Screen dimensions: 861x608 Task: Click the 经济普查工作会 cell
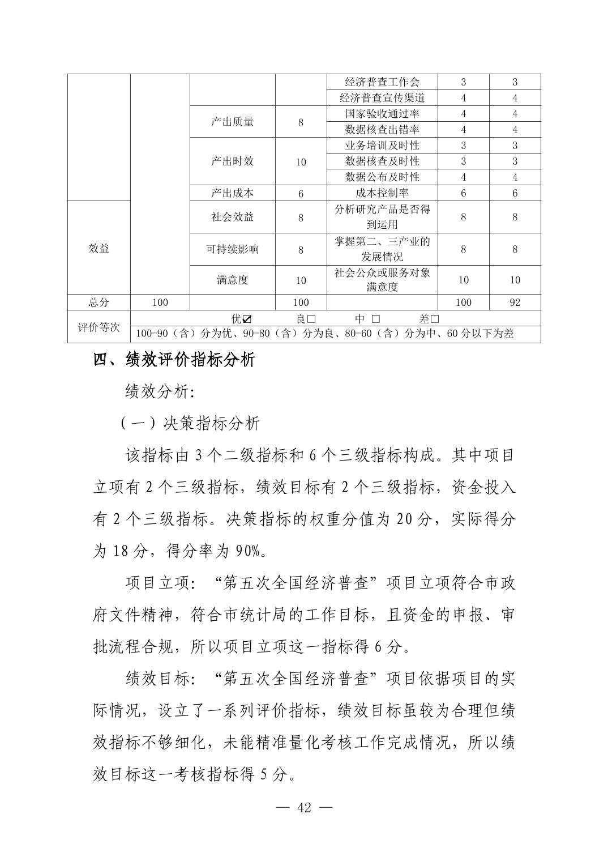(x=382, y=82)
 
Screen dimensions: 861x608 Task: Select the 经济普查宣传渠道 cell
(x=382, y=97)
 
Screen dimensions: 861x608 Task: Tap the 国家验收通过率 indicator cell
(x=382, y=113)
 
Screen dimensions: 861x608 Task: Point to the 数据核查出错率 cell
(x=382, y=129)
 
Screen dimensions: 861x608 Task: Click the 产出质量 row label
(x=232, y=121)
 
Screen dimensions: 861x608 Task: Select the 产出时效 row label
(x=232, y=161)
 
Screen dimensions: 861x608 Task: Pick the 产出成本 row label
(x=232, y=193)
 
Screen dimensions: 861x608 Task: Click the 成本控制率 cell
(x=382, y=193)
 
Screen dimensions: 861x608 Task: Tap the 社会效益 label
(x=232, y=216)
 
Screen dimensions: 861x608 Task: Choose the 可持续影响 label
(x=232, y=249)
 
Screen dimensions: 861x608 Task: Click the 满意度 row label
(x=232, y=279)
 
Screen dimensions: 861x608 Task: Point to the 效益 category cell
(x=99, y=248)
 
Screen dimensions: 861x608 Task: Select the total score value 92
(x=515, y=302)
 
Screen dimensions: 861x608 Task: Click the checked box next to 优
(x=247, y=318)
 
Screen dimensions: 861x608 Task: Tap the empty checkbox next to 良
(x=311, y=318)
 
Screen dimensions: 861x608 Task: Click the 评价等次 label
(x=99, y=327)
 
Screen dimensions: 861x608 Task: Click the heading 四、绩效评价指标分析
(x=174, y=360)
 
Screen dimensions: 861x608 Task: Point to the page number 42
(x=304, y=808)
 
